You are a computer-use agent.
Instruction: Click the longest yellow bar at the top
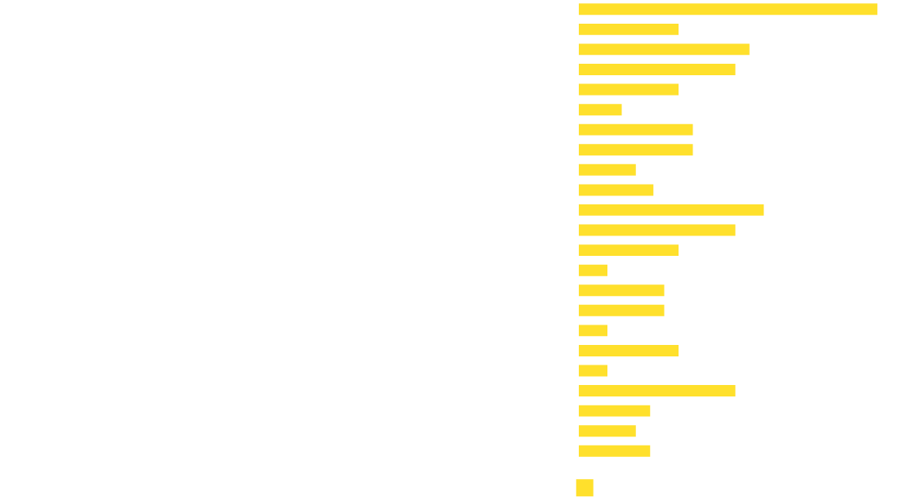coord(728,10)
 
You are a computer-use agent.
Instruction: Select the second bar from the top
coord(628,29)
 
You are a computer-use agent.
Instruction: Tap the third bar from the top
coord(664,50)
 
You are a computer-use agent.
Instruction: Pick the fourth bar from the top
coord(656,69)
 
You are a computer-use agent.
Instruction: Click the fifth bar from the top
coord(628,90)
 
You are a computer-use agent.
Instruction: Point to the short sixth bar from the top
coord(600,110)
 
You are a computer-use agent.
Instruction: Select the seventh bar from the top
coord(635,130)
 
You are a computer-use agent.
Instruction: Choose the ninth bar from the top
coord(607,170)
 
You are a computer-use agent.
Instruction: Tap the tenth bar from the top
coord(616,190)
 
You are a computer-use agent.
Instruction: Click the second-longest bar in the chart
coord(671,210)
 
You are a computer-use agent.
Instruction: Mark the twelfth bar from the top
coord(656,231)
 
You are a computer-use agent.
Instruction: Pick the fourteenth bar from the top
coord(593,271)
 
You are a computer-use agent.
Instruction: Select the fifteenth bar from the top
coord(621,291)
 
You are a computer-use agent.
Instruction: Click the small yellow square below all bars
coord(585,488)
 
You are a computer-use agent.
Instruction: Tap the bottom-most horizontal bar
coord(614,451)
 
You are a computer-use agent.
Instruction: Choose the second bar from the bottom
coord(607,431)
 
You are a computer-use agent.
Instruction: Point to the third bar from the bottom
coord(614,411)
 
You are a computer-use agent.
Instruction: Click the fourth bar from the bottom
coord(656,391)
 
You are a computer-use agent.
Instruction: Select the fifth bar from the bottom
coord(593,371)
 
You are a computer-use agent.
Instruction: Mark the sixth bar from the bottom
coord(628,351)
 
